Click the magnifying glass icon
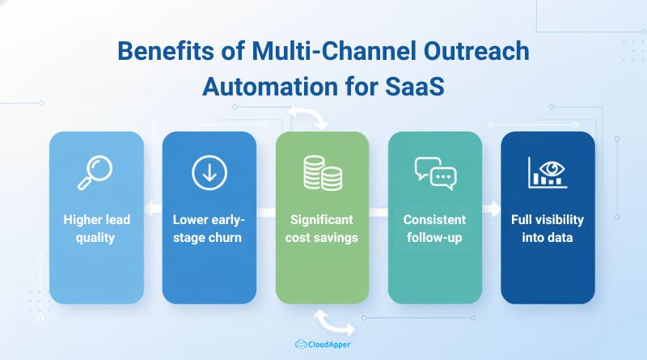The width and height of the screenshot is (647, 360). coord(96,172)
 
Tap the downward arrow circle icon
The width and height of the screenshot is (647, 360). coord(209,172)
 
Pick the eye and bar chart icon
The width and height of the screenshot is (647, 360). coord(548,172)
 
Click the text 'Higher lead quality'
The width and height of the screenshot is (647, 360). coord(96,228)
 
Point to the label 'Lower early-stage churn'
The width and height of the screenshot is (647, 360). coord(209,228)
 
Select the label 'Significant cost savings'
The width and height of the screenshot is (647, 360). coord(322,228)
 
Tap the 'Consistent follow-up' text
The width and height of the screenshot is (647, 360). coord(435,228)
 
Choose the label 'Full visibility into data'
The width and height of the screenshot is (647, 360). coord(548,228)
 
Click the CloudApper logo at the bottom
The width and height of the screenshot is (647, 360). coord(323,344)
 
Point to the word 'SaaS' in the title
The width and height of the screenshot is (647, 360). coord(416,83)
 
